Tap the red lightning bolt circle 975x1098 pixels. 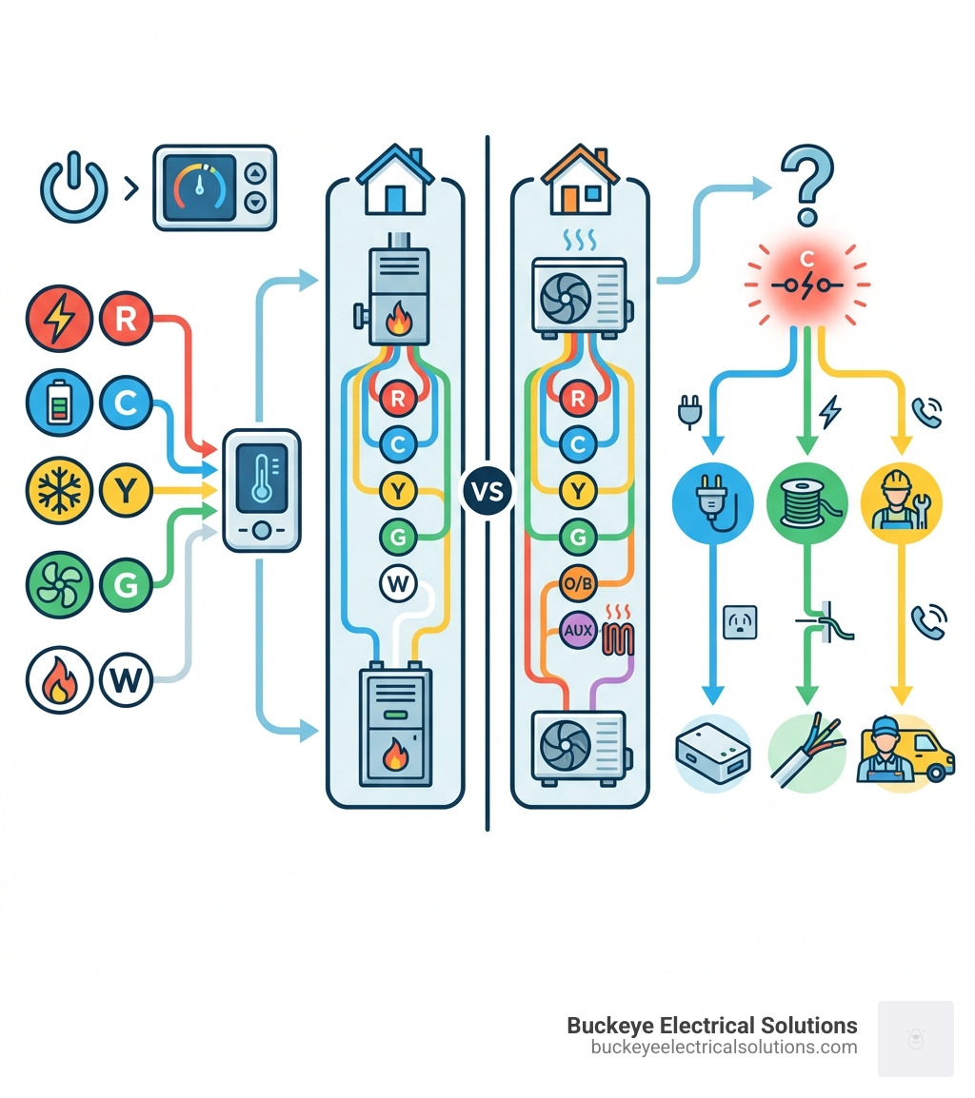(x=59, y=319)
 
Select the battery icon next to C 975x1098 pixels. (x=59, y=404)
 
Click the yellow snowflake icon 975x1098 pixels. (x=59, y=491)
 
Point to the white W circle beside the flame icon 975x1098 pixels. (x=126, y=680)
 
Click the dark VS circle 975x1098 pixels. (x=487, y=492)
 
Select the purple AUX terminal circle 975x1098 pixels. (x=577, y=629)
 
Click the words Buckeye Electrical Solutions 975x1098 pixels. (x=711, y=1025)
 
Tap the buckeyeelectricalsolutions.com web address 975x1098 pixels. (x=724, y=1047)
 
